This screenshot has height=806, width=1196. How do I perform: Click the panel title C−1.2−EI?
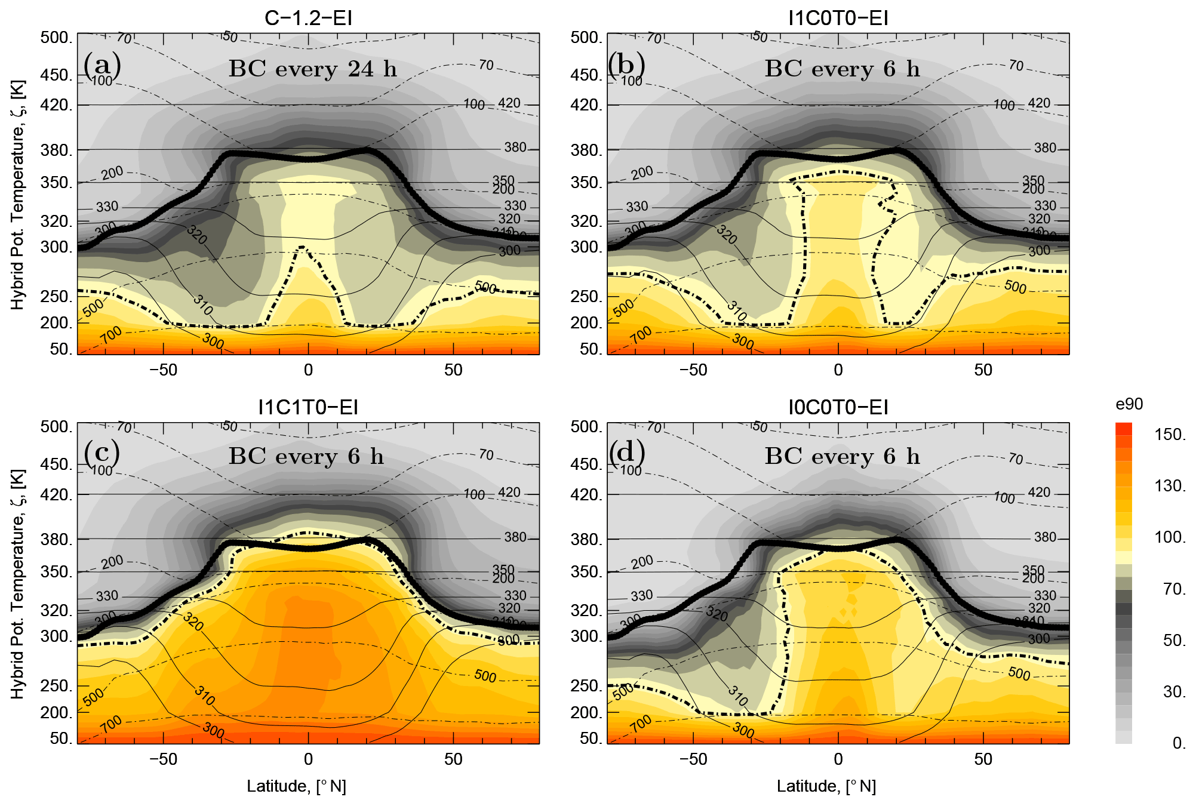coord(308,19)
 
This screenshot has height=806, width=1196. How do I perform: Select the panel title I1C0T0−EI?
coord(838,19)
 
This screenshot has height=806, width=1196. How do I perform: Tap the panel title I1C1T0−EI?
coord(308,408)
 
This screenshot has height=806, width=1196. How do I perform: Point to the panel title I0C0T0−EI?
coord(838,408)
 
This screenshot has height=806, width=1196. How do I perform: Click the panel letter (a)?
coord(102,65)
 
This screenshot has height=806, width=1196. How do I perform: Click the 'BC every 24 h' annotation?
coord(312,69)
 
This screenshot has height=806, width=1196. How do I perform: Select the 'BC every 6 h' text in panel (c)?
coord(306,457)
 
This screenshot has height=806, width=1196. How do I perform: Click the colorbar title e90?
coord(1129,404)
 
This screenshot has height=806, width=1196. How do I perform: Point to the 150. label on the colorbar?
coord(1170,435)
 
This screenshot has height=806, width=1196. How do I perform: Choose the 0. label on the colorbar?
coord(1179,743)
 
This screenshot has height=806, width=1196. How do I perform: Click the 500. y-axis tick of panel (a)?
coord(56,38)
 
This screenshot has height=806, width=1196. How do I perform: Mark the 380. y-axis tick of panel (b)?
coord(586,150)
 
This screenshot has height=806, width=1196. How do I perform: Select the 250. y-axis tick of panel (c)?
coord(56,686)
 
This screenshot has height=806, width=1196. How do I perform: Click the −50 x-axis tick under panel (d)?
coord(693,759)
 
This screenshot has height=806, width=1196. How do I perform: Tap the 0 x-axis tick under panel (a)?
coord(308,370)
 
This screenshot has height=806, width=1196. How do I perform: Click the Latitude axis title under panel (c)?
coord(296,786)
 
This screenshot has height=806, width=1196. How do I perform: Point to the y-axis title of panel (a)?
coord(18,194)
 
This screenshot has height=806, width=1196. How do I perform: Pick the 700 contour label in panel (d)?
coord(641,723)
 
